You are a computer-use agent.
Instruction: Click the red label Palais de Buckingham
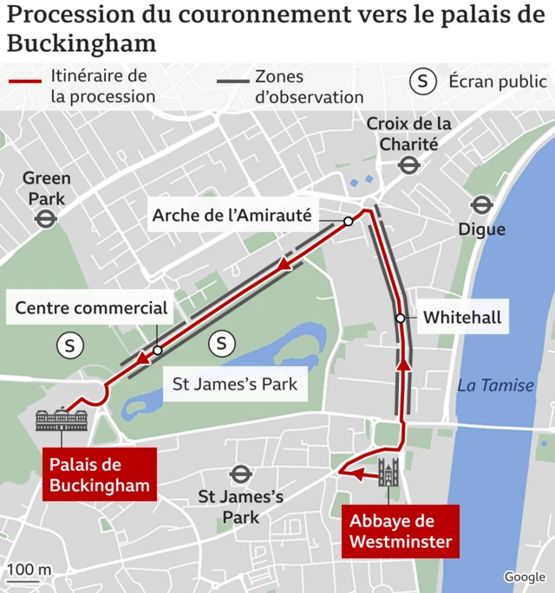99,474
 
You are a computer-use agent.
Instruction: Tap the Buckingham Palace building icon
61,421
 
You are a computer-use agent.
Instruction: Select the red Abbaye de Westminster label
400,532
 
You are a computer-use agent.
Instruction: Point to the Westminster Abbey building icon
388,473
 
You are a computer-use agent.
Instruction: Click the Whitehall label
462,318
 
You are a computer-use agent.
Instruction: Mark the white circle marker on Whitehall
401,318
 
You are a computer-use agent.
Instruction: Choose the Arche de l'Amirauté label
232,216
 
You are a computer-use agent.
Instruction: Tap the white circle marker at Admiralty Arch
348,222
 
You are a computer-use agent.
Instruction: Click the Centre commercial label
92,307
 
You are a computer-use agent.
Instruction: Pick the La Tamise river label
496,385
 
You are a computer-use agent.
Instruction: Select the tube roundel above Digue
482,205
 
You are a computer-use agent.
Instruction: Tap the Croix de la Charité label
408,134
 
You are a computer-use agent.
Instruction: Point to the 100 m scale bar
29,578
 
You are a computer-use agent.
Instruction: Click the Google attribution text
525,577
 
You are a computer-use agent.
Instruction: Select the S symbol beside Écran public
422,81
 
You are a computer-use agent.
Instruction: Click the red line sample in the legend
25,81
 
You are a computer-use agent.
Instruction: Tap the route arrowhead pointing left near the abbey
349,474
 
